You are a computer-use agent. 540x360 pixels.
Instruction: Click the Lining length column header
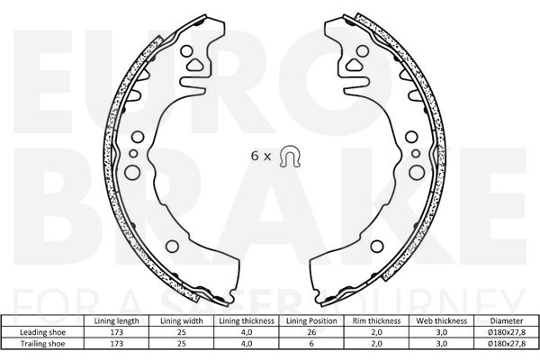[x=116, y=320]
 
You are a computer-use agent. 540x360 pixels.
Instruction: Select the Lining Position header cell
[x=311, y=320]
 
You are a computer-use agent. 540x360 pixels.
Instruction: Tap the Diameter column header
[x=507, y=320]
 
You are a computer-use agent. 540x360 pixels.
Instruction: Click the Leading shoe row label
[x=42, y=332]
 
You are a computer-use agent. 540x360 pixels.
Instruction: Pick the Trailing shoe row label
[x=42, y=344]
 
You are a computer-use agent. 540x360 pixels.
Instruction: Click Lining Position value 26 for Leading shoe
[x=311, y=332]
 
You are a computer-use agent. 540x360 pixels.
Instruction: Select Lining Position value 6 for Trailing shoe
[x=311, y=344]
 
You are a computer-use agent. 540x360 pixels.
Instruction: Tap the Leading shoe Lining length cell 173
[x=116, y=332]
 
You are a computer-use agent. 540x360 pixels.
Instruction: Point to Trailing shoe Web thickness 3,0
[x=442, y=344]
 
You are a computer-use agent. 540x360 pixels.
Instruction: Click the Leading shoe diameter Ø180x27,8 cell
[x=507, y=332]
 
